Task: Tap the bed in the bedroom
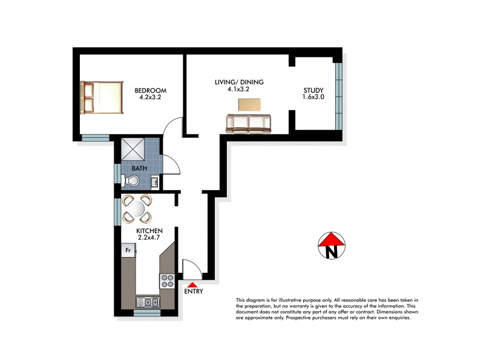[103, 98]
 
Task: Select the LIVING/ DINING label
[239, 82]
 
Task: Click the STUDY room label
[313, 91]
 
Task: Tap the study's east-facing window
[339, 94]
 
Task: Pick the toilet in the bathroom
[131, 180]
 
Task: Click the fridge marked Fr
[128, 249]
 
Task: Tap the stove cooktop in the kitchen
[168, 281]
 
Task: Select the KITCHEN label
[149, 231]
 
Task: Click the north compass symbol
[332, 246]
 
